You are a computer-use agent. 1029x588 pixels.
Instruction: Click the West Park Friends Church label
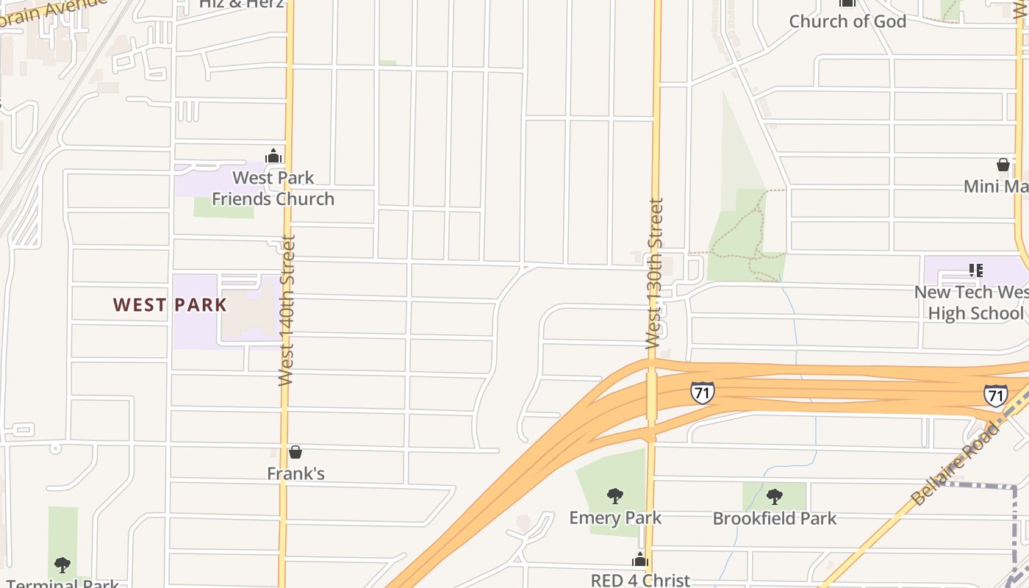coord(273,188)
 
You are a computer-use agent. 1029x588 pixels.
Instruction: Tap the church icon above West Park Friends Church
coord(273,156)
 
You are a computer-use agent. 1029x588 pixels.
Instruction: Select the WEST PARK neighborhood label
coord(170,305)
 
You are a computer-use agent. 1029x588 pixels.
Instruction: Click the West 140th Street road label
coord(287,310)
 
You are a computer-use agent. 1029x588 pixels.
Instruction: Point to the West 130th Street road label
coord(654,273)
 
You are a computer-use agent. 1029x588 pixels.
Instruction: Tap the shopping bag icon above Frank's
coord(295,452)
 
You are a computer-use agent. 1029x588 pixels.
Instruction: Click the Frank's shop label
coord(295,473)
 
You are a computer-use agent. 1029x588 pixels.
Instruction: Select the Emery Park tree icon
coord(615,496)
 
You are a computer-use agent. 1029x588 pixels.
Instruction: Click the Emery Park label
coord(615,517)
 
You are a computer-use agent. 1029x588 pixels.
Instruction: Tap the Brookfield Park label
coord(774,518)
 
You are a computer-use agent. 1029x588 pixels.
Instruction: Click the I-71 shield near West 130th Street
coord(702,392)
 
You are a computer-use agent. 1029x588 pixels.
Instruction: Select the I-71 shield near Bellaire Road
coord(995,395)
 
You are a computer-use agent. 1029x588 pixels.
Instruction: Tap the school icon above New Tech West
coord(975,270)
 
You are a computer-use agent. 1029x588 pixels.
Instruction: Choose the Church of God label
coord(847,21)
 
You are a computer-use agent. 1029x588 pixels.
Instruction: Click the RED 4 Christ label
coord(640,580)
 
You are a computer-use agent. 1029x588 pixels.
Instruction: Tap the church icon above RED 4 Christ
coord(640,559)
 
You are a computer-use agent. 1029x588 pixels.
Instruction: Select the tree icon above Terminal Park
coord(62,565)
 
